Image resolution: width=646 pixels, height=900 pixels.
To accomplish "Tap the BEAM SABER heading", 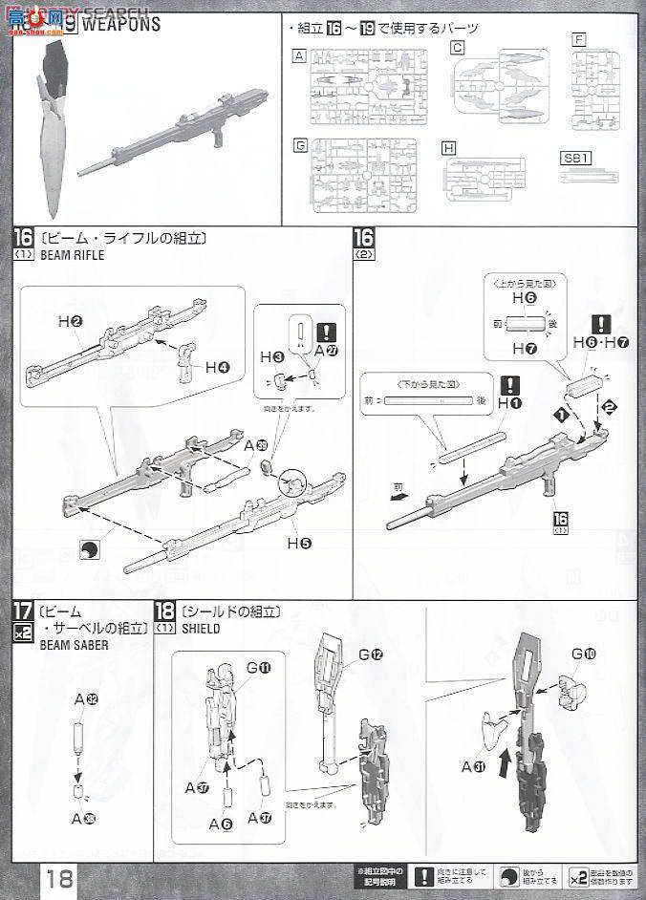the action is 74,645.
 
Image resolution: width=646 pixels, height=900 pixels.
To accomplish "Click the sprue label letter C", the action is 458,48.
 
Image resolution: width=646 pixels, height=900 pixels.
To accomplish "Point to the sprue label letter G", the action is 301,146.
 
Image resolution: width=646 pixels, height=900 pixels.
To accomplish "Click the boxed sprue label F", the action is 579,40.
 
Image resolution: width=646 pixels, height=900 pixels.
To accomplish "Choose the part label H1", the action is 510,404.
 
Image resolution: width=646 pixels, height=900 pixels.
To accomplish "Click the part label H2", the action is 69,323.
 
